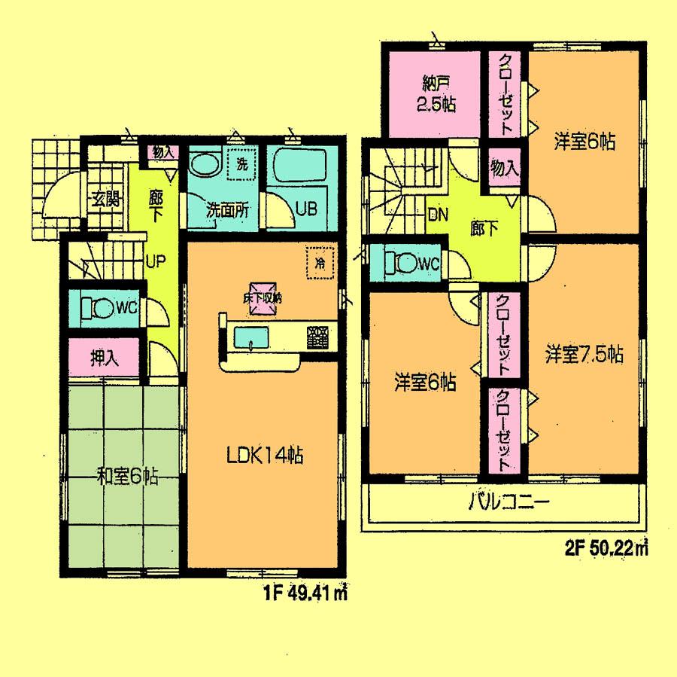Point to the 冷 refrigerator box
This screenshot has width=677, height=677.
pyautogui.click(x=320, y=263)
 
